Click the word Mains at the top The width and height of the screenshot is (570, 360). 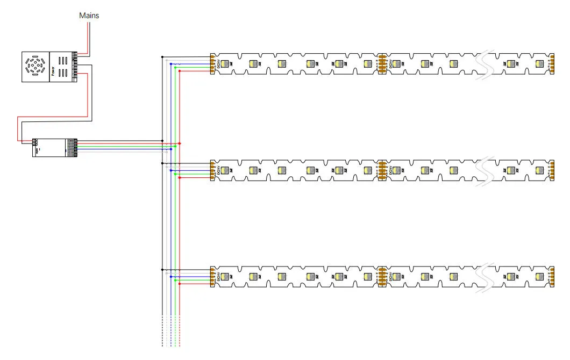coord(89,16)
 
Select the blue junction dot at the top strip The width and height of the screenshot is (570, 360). coord(171,64)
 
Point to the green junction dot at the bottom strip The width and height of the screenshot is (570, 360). coord(175,277)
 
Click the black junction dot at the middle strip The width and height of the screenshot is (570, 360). coord(162,163)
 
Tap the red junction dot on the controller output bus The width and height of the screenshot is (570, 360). coord(179,143)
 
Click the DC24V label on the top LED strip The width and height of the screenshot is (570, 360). coord(219,64)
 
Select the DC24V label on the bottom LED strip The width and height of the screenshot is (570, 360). coord(219,277)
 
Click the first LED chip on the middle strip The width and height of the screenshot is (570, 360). coord(224,170)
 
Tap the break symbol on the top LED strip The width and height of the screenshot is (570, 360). coord(487,64)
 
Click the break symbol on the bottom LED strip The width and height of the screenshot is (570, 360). coord(487,277)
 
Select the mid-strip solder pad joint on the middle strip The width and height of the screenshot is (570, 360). coord(382,170)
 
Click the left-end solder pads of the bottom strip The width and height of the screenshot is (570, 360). coord(213,277)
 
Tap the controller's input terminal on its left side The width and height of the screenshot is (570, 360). coord(35,142)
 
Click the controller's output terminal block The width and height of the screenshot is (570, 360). coord(75,146)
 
